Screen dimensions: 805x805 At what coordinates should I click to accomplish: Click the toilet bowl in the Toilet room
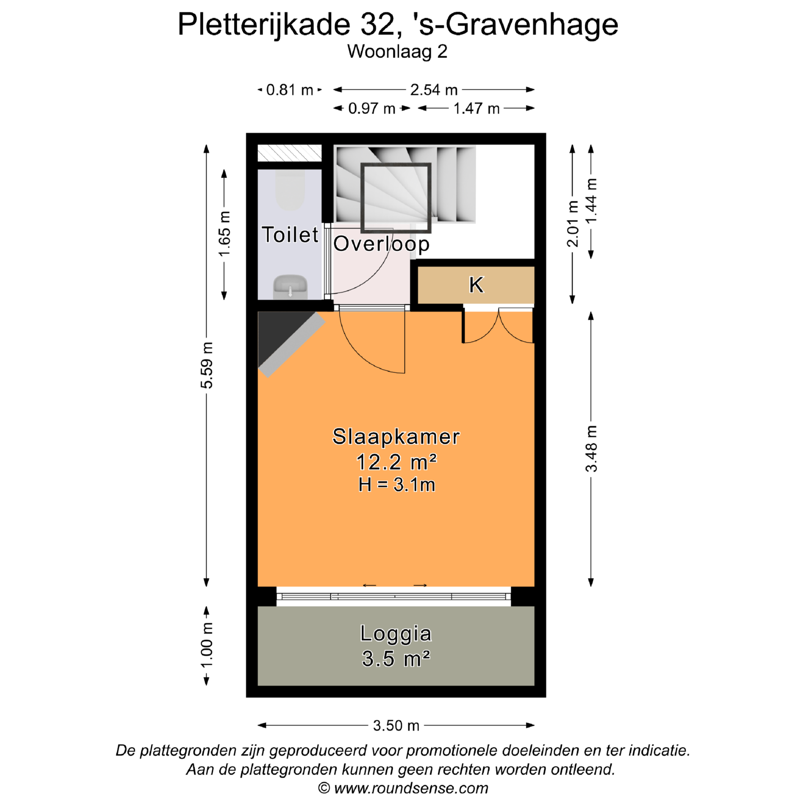tap(290, 191)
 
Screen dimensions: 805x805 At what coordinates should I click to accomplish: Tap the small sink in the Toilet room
tap(290, 287)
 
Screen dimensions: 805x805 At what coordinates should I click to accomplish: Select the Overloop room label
tap(381, 244)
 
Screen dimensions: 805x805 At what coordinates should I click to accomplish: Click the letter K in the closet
tap(476, 285)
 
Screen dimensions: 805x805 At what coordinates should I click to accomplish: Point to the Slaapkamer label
tap(396, 436)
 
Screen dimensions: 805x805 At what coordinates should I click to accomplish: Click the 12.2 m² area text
tap(396, 462)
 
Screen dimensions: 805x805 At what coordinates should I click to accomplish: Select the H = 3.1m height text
tap(397, 485)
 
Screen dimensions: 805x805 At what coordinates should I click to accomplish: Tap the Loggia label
tap(396, 634)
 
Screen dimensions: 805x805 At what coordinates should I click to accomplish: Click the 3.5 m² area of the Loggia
tap(396, 658)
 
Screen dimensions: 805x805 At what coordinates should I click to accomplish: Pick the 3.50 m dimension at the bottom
tap(396, 726)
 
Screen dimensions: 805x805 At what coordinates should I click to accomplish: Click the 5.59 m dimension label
tap(207, 365)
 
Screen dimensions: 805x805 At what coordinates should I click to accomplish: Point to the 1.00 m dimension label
tap(207, 645)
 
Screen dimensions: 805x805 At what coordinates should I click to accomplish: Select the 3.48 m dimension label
tap(591, 449)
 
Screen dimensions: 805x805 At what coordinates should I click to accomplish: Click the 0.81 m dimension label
tap(290, 90)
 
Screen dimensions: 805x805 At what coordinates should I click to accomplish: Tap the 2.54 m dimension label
tap(434, 90)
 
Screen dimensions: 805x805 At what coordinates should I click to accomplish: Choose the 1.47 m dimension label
tap(476, 109)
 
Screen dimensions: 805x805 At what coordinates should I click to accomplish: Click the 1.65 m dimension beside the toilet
tap(225, 234)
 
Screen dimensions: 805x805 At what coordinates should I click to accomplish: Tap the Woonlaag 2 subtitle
tap(397, 52)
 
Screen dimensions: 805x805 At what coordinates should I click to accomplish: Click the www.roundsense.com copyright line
tap(403, 788)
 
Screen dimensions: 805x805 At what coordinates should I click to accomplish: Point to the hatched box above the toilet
tap(289, 153)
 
